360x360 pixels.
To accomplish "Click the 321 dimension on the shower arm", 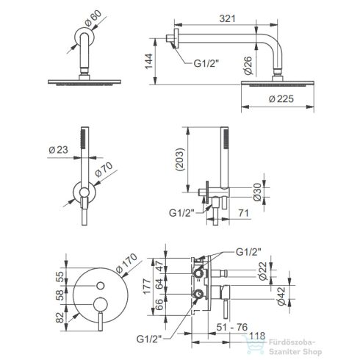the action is click(227, 18).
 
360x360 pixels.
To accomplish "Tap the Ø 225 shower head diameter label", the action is click(281, 99).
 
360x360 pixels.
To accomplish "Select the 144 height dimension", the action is click(148, 61).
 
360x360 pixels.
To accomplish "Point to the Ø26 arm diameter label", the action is click(248, 65).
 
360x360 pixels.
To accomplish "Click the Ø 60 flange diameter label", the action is click(93, 18).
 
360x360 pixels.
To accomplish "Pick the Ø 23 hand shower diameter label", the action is click(58, 150).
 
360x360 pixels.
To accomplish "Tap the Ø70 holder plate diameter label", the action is click(104, 170).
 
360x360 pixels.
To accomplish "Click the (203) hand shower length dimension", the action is click(180, 159).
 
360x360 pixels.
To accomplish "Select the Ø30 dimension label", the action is click(257, 192).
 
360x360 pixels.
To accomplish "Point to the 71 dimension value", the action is click(243, 213).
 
